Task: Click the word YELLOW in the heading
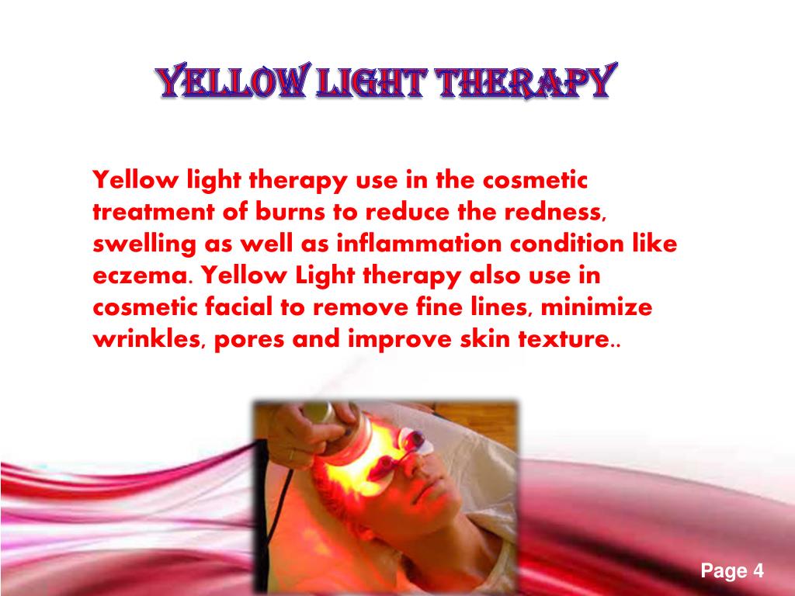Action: coord(231,82)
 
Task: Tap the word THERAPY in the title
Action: coord(524,82)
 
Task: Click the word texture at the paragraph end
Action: coord(573,339)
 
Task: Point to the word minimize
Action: coord(597,307)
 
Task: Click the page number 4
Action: coord(758,572)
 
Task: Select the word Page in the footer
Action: coord(724,573)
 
